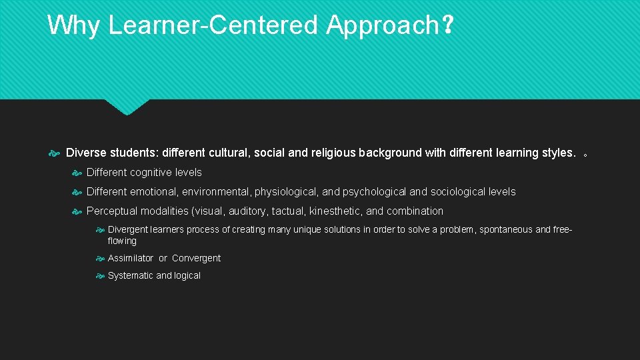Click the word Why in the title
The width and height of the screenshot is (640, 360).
point(74,25)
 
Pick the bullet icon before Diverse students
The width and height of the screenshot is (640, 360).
point(55,153)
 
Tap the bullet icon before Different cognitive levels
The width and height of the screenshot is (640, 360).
point(77,173)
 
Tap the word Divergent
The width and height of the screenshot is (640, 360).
point(128,229)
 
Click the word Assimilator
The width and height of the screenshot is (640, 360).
point(130,258)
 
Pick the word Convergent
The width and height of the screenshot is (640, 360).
point(196,258)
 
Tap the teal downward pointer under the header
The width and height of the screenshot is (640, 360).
point(127,107)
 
